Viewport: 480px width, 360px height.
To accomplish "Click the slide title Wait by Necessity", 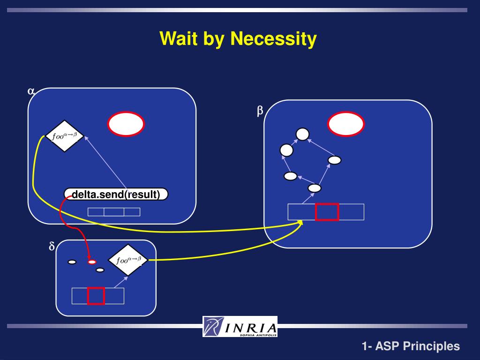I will [238, 38].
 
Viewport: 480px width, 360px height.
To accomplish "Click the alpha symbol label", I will [31, 91].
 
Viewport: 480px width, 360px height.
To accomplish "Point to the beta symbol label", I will [260, 110].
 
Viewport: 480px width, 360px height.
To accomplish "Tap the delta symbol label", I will [52, 247].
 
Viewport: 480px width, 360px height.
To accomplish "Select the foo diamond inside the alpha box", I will [65, 136].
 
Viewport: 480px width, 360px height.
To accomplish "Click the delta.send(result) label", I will [116, 194].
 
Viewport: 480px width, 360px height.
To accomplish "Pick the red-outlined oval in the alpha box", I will [126, 124].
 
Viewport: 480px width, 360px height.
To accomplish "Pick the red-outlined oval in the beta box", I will [346, 124].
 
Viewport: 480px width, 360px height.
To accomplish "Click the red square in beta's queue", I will [327, 212].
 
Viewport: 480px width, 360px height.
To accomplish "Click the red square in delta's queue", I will [96, 296].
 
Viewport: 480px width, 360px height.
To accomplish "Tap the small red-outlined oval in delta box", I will [92, 262].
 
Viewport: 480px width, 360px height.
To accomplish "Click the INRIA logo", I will [240, 326].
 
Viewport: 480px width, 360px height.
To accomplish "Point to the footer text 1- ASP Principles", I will [411, 346].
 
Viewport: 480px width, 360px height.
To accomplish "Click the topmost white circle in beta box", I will [303, 134].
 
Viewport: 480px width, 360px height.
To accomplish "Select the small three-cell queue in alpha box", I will [114, 212].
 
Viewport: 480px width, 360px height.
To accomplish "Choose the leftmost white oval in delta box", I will [72, 262].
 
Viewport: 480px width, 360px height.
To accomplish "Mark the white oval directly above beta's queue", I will [315, 188].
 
